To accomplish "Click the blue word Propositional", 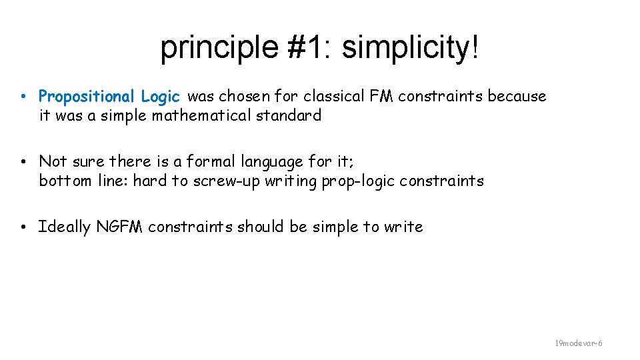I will pos(87,97).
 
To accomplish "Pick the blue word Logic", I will pos(161,97).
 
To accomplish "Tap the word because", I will pos(517,97).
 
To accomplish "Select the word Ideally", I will pos(64,227).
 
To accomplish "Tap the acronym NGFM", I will pos(120,227).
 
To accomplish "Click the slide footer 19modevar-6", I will pos(579,343).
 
